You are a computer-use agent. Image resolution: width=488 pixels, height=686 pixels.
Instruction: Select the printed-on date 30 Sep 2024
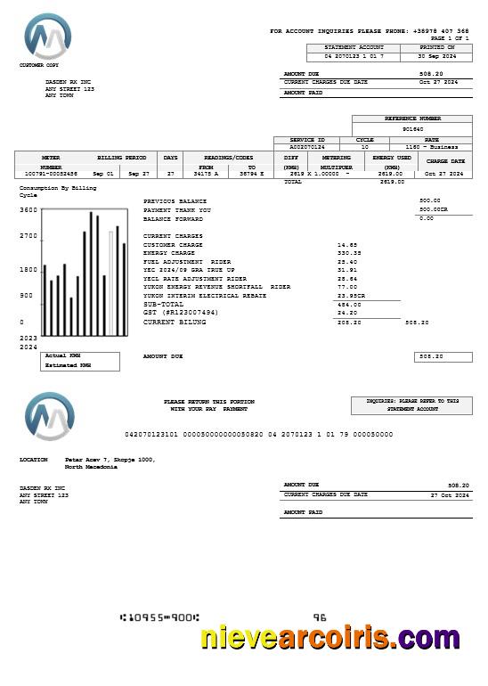(437, 55)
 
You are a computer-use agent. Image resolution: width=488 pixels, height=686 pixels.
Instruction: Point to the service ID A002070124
(307, 147)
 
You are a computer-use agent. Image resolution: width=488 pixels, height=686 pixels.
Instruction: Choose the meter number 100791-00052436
(51, 173)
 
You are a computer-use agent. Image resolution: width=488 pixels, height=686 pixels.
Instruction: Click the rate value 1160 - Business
(432, 147)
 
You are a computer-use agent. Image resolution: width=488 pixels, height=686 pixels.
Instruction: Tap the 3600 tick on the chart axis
(28, 210)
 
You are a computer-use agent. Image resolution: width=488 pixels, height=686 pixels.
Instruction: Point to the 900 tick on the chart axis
(26, 295)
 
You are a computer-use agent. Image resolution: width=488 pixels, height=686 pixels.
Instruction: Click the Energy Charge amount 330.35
(349, 252)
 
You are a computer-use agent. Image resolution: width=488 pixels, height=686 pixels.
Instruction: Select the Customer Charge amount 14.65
(347, 244)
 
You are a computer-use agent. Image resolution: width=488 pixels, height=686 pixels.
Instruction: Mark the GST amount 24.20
(347, 313)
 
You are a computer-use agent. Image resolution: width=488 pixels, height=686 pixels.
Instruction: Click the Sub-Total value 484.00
(348, 304)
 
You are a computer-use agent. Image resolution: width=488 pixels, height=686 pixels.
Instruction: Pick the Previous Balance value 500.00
(429, 200)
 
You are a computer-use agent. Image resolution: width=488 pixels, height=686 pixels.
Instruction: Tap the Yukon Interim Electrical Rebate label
(204, 295)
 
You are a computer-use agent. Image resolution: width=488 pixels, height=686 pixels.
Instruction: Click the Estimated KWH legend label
(68, 364)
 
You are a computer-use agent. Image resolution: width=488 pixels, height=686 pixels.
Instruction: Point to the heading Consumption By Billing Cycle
(57, 191)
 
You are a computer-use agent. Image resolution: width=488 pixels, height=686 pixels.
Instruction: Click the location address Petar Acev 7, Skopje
(110, 460)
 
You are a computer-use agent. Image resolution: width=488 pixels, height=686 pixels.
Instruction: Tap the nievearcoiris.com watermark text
(329, 637)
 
